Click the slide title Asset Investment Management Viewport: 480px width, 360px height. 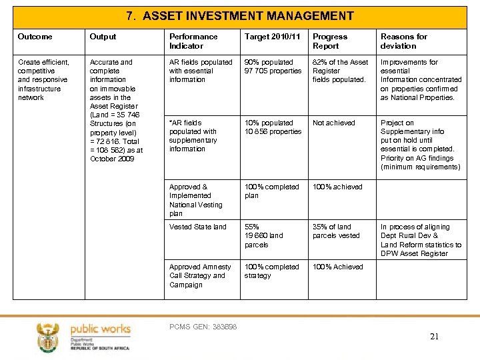click(x=240, y=16)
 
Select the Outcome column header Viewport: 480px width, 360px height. click(x=35, y=37)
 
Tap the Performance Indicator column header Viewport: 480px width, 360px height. click(x=193, y=41)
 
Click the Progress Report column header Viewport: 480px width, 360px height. click(x=330, y=41)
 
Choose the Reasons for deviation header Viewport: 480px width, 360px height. click(x=403, y=41)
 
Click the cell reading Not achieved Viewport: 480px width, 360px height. click(x=334, y=123)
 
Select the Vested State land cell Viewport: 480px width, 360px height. click(x=198, y=227)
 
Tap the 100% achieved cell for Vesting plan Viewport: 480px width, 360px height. click(x=337, y=187)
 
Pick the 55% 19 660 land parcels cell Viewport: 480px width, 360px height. click(x=263, y=235)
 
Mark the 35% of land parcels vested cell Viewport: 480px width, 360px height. click(x=336, y=231)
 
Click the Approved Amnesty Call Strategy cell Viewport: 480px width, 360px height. click(x=200, y=275)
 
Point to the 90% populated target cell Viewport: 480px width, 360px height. click(x=273, y=67)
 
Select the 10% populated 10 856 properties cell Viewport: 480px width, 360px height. click(x=273, y=127)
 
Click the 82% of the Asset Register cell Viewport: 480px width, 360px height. click(x=340, y=71)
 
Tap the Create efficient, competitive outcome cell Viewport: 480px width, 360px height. click(x=43, y=79)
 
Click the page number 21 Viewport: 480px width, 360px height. click(x=434, y=337)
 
